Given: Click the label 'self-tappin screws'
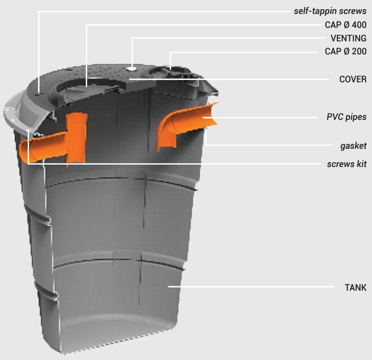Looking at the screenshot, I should [x=330, y=11].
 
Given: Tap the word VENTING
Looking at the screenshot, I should [x=348, y=38].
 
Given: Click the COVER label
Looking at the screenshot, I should [x=353, y=79].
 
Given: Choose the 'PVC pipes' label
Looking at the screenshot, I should [x=346, y=117].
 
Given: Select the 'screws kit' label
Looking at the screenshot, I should [x=346, y=164].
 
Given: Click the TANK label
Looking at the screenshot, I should [x=356, y=288].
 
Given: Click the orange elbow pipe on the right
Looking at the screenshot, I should [x=186, y=125].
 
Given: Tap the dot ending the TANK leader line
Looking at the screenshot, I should [x=169, y=287].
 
